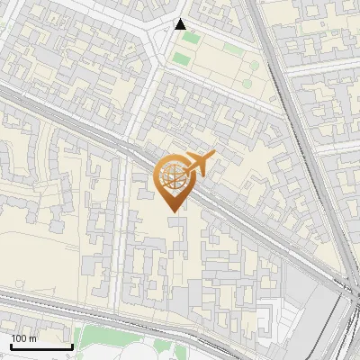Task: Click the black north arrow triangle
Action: pyautogui.click(x=181, y=24)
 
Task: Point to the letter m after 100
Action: pyautogui.click(x=33, y=339)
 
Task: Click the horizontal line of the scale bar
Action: pyautogui.click(x=41, y=346)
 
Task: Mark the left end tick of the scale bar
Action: pyautogui.click(x=11, y=345)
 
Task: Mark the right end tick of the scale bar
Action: pyautogui.click(x=72, y=345)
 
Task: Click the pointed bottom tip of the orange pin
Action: pyautogui.click(x=171, y=211)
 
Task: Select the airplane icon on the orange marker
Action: pyautogui.click(x=200, y=164)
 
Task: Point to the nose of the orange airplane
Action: pyautogui.click(x=213, y=156)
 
